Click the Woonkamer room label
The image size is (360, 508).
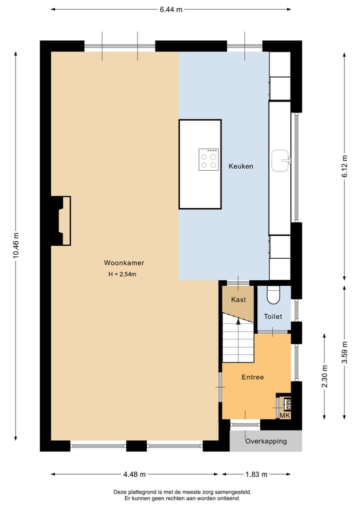(x=124, y=263)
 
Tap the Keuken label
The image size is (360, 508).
(x=241, y=166)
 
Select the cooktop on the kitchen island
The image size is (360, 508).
(x=208, y=160)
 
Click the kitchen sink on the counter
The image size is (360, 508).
(x=281, y=160)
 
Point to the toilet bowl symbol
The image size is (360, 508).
(x=273, y=296)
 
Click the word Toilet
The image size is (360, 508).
(x=273, y=317)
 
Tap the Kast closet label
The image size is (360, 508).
(x=238, y=300)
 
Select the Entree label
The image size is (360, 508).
(x=252, y=377)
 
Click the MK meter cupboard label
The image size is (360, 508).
(x=284, y=415)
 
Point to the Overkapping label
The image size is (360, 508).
(x=266, y=441)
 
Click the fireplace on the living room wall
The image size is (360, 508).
(x=61, y=220)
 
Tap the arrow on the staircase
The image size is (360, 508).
(x=238, y=322)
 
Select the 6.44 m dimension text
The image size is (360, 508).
(x=171, y=9)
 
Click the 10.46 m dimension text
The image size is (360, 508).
(x=16, y=245)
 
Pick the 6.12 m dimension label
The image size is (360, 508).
(x=344, y=166)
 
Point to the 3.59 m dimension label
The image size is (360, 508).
(x=344, y=352)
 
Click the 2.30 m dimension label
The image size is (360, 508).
(x=324, y=377)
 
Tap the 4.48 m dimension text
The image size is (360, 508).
(x=134, y=474)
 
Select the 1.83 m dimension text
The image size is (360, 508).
(x=256, y=474)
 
